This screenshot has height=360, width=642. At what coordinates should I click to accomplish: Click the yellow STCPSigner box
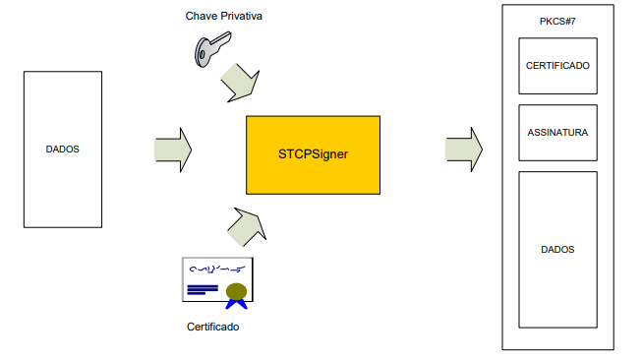pos(314,154)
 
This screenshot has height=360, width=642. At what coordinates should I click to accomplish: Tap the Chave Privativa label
pos(223,16)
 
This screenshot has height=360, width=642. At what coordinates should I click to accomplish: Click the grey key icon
pos(212,49)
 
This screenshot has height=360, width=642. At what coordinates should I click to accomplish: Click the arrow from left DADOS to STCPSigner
pos(173,150)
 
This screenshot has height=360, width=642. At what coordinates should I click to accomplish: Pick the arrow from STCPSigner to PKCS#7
pos(464,150)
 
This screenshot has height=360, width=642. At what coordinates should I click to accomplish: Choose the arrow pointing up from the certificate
pos(247,227)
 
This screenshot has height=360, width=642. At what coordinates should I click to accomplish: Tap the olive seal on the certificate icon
pos(236,291)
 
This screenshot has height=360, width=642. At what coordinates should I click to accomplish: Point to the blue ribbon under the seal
pos(236,304)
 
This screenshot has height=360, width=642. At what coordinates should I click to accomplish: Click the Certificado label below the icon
pos(213,327)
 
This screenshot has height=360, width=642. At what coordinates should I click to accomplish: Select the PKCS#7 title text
pos(557,22)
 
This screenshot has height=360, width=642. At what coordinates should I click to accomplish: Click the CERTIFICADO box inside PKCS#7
pos(557,66)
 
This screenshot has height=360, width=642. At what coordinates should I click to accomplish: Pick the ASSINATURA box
pos(557,133)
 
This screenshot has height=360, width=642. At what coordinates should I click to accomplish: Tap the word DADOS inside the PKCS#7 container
pos(557,250)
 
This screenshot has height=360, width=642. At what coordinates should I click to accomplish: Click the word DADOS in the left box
pos(63,150)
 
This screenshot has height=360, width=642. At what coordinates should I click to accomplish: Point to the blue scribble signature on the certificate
pos(217,270)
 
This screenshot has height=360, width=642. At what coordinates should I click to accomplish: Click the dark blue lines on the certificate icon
pos(203,290)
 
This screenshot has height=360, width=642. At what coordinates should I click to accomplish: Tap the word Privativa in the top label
pos(242,16)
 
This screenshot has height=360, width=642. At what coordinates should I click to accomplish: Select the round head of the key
pos(202,52)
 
